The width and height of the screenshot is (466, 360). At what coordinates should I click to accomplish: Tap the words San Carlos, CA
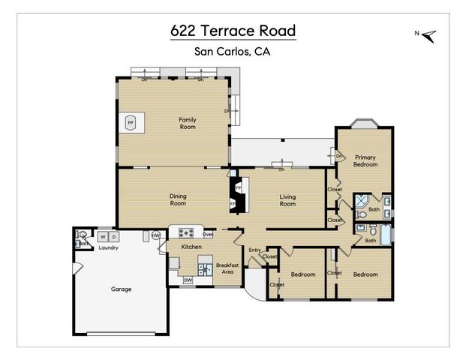point(232,52)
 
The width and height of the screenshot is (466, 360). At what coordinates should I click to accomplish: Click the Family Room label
point(187,123)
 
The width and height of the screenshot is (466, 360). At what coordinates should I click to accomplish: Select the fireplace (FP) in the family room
point(131,122)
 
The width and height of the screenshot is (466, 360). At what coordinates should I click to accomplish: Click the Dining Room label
point(177,199)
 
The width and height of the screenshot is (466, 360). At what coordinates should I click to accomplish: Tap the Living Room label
point(287,199)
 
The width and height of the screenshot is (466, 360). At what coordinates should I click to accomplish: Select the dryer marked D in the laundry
point(114,237)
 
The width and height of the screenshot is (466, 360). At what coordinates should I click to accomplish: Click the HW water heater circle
point(156,235)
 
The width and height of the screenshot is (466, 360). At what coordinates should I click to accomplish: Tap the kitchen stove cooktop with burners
point(184,232)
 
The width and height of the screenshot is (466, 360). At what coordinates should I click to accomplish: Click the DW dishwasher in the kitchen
point(188,280)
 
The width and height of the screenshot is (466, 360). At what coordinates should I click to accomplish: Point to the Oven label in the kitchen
point(208,234)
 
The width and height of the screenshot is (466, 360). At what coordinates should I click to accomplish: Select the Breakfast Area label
point(227,268)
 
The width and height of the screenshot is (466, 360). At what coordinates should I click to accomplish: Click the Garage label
point(121,289)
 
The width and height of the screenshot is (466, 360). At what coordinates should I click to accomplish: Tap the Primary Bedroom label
point(365,160)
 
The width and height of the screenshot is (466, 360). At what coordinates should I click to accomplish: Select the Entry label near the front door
point(254,250)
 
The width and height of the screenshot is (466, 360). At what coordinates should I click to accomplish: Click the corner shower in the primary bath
point(361,200)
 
